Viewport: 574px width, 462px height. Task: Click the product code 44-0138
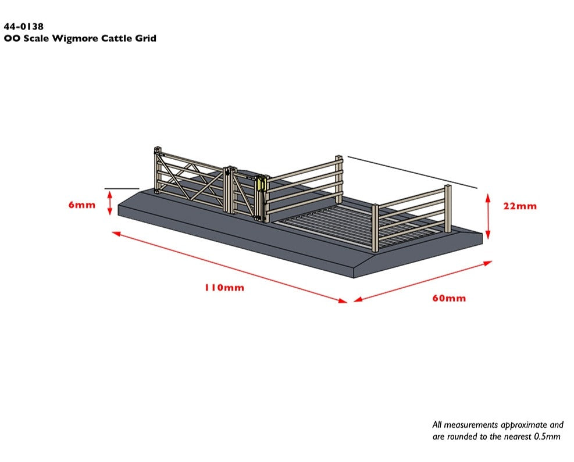coord(23,27)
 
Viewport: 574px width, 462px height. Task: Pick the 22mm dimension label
coord(520,206)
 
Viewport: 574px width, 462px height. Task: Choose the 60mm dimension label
coord(449,298)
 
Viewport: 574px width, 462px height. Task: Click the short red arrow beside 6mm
coord(109,204)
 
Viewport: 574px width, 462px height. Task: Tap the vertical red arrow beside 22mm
coord(489,216)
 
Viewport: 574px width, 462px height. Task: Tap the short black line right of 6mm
coord(122,189)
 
